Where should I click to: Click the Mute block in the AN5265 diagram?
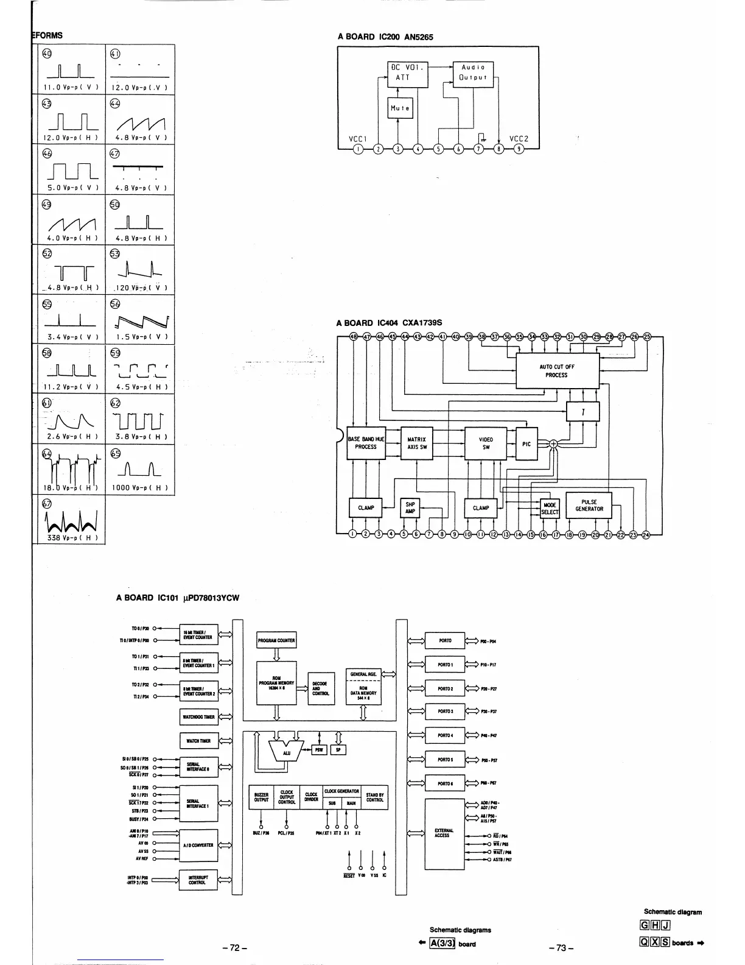tap(400, 108)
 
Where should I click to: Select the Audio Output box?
tap(473, 73)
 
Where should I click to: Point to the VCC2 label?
tap(519, 138)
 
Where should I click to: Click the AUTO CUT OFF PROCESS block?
tap(557, 371)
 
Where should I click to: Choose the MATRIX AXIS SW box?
tap(416, 443)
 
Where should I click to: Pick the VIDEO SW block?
tap(486, 443)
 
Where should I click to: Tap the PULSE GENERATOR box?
tap(589, 506)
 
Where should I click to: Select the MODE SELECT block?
tap(550, 509)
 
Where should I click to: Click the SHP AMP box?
tap(410, 507)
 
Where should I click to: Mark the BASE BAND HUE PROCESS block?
tap(366, 443)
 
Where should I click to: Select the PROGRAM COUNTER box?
tap(277, 640)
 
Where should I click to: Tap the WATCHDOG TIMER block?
tap(198, 717)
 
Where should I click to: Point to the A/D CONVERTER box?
tap(198, 845)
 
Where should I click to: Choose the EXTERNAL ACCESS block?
tap(442, 833)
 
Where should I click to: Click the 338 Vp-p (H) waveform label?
tap(71, 537)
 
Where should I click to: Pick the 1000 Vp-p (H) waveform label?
tap(139, 488)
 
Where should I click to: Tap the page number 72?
tap(234, 947)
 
